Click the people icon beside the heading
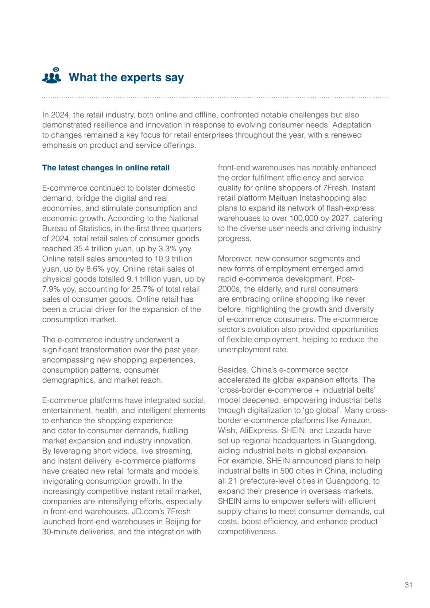coord(52,76)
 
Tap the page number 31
coord(408,585)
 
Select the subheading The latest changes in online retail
coord(106,168)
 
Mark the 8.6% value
coord(95,269)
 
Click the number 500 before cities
coord(287,471)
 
